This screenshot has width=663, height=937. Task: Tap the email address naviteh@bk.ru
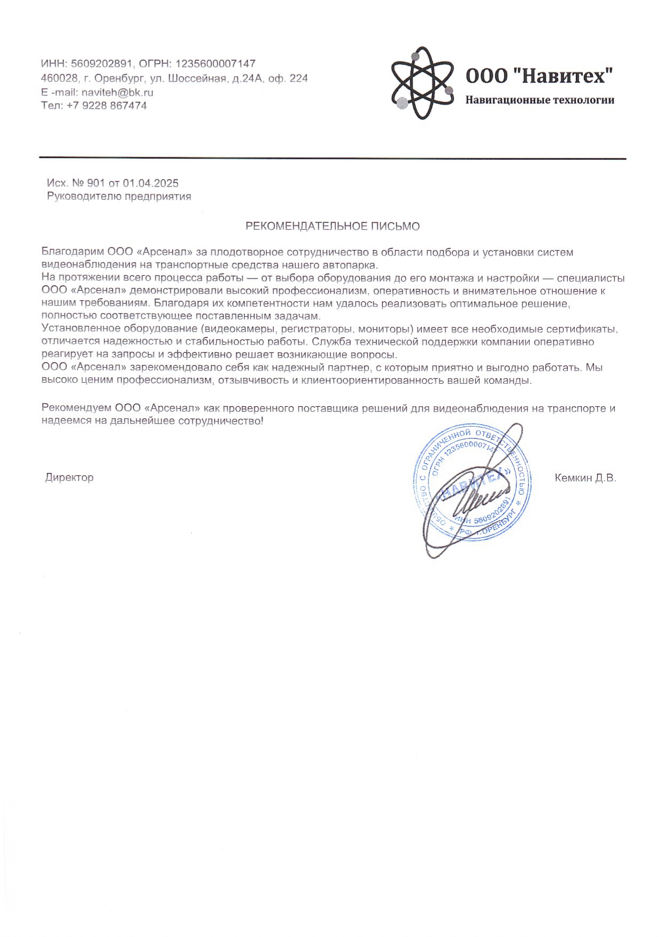[x=117, y=92]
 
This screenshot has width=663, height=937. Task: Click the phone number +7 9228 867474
[x=106, y=105]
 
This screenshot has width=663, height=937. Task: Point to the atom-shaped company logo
[x=422, y=83]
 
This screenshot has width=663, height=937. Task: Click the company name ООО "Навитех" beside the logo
[x=539, y=76]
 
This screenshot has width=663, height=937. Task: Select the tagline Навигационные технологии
[x=539, y=100]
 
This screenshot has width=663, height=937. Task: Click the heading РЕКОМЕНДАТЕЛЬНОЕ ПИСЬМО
[x=332, y=226]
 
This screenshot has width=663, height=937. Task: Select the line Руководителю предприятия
[x=119, y=196]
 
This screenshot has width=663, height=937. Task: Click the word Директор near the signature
[x=69, y=477]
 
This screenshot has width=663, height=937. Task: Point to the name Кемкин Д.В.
[x=585, y=478]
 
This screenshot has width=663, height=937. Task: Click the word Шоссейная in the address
[x=198, y=78]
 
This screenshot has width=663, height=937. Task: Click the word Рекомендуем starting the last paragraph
[x=76, y=408]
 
